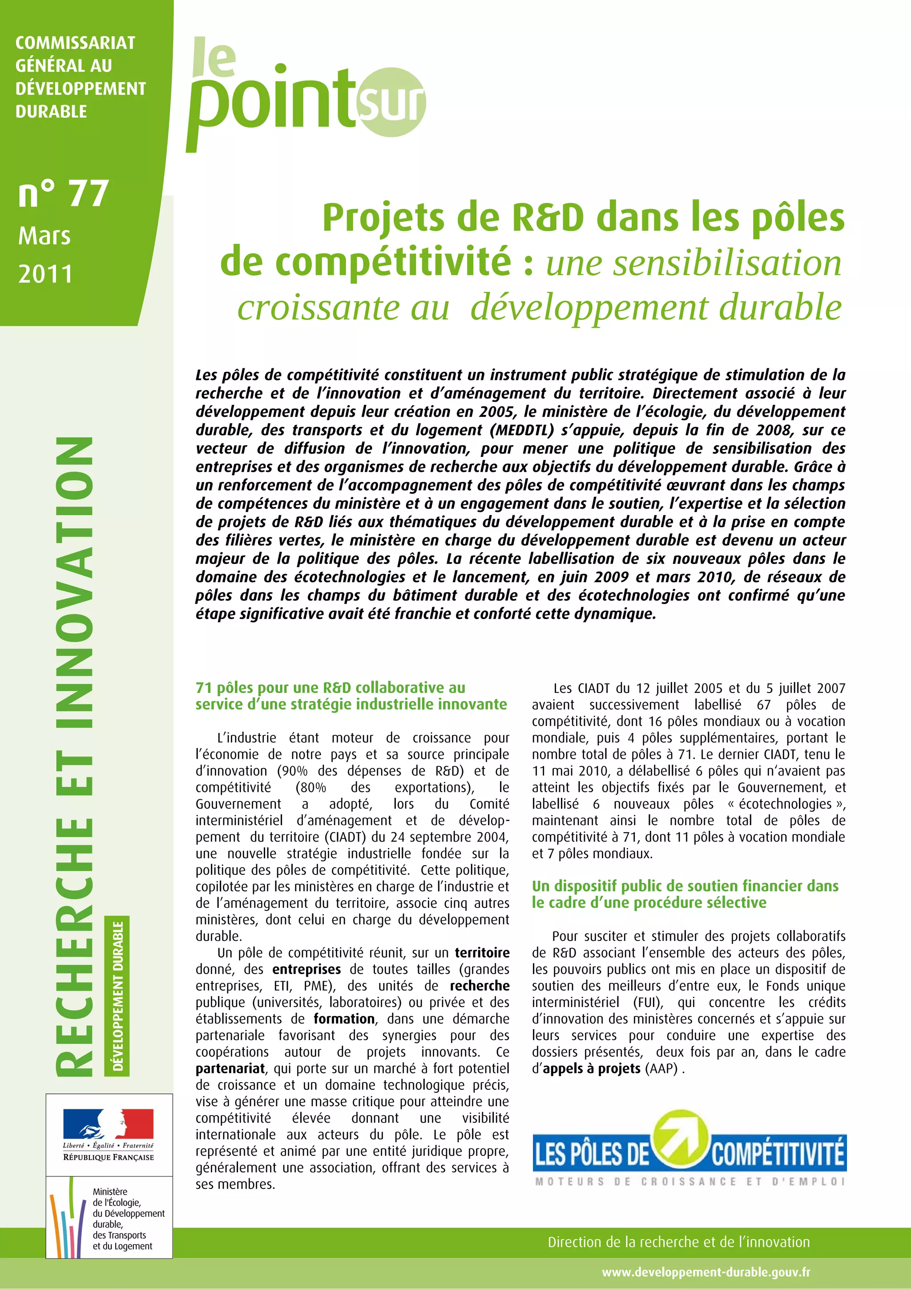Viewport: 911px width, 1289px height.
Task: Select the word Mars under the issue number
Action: pyautogui.click(x=44, y=236)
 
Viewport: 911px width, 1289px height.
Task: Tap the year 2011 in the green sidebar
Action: pyautogui.click(x=45, y=274)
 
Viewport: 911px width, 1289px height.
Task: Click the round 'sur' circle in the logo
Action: pyautogui.click(x=391, y=102)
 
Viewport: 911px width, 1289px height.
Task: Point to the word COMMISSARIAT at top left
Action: pyautogui.click(x=75, y=43)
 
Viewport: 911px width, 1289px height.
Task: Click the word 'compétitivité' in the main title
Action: pyautogui.click(x=365, y=262)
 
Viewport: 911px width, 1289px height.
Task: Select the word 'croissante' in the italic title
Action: pyautogui.click(x=343, y=308)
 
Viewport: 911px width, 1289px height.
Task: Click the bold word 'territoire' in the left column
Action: pyautogui.click(x=482, y=953)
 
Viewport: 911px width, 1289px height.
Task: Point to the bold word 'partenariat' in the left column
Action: pyautogui.click(x=230, y=1068)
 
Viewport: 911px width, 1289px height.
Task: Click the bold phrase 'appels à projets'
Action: pyautogui.click(x=592, y=1068)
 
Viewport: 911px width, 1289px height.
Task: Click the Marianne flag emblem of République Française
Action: pyautogui.click(x=109, y=1123)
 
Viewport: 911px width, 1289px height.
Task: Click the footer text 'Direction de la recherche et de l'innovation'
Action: pyautogui.click(x=679, y=1242)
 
